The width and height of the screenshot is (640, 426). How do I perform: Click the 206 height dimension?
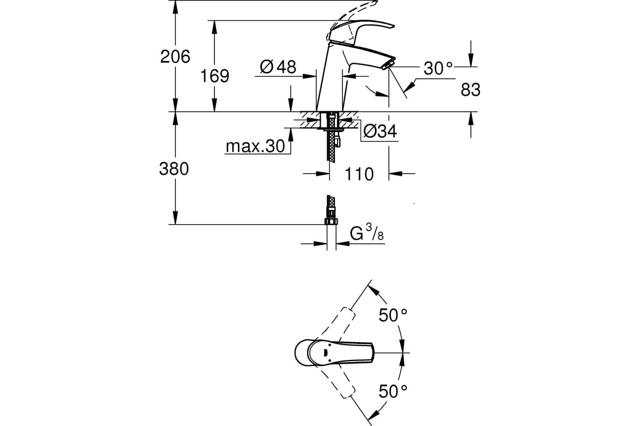click(x=175, y=56)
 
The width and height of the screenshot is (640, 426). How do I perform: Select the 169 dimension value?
click(x=214, y=76)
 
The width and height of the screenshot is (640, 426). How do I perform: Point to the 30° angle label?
click(x=438, y=68)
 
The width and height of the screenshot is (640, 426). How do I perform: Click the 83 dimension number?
click(x=470, y=91)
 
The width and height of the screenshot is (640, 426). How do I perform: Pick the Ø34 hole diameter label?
click(x=380, y=131)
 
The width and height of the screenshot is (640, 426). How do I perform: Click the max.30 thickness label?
click(x=255, y=147)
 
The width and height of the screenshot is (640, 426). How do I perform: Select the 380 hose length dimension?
click(x=174, y=169)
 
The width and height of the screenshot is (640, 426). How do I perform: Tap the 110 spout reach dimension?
click(x=359, y=174)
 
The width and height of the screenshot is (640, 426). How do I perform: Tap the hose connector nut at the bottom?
click(x=331, y=219)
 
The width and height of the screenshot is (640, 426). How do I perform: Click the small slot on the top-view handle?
click(x=323, y=351)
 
